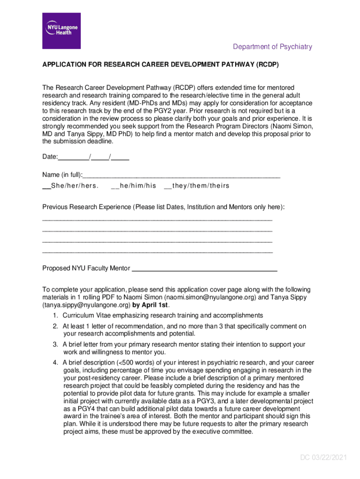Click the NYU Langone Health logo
(x=61, y=30)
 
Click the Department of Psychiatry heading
(x=272, y=47)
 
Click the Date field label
(x=50, y=157)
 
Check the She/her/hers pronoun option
(x=46, y=186)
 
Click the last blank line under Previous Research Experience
(x=157, y=252)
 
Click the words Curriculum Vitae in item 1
(x=87, y=316)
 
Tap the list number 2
(x=55, y=327)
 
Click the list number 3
(x=55, y=345)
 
